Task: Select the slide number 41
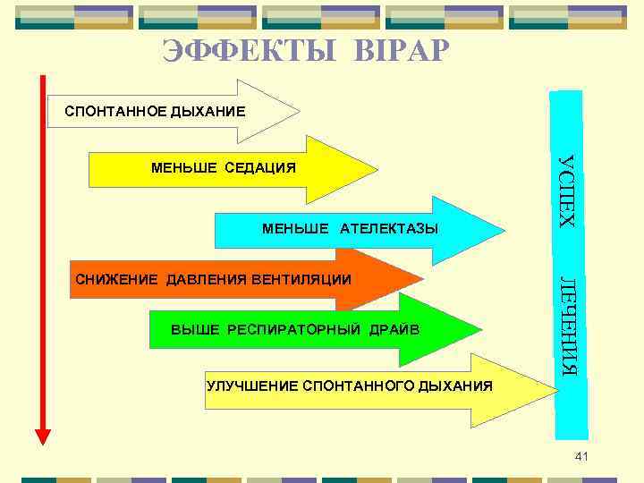pyautogui.click(x=581, y=457)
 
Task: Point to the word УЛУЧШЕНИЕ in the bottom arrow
pyautogui.click(x=251, y=386)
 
